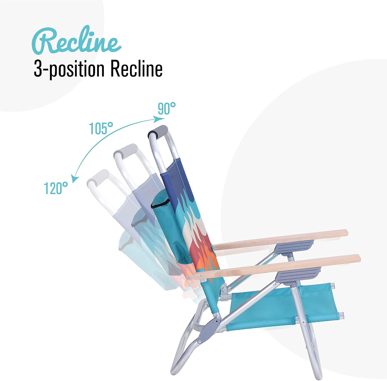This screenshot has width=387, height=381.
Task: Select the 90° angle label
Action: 167,108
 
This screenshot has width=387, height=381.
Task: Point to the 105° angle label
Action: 101,128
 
